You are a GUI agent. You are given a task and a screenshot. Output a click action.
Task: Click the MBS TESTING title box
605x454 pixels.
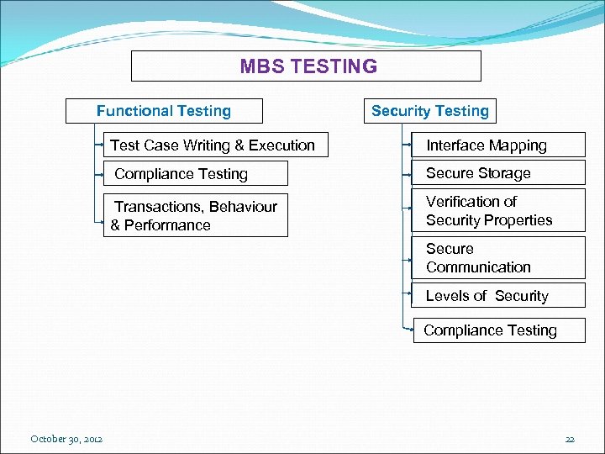click(307, 66)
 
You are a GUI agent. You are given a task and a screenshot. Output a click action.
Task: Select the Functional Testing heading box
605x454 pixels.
click(165, 111)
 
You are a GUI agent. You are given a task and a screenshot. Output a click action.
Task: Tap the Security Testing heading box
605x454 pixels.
click(429, 111)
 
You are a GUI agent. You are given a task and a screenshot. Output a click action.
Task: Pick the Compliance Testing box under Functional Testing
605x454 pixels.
click(196, 174)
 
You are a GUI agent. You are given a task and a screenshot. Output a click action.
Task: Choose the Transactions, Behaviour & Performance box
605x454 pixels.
click(196, 216)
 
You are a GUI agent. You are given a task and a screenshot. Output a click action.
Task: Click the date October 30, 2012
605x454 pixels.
click(66, 439)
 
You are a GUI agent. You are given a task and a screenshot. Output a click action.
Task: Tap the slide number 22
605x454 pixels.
click(570, 439)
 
